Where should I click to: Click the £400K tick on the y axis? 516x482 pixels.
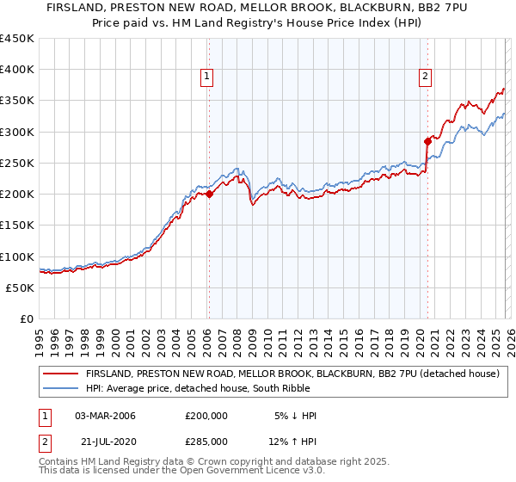pos(17,70)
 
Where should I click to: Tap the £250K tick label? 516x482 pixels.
pos(17,163)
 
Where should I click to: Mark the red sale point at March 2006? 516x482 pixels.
pos(209,195)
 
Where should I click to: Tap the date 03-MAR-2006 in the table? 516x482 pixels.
pos(106,416)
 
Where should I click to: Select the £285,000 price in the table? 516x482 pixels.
pos(206,442)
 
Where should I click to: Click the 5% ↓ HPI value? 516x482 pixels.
pos(294,416)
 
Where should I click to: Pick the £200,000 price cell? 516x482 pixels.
pos(206,416)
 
